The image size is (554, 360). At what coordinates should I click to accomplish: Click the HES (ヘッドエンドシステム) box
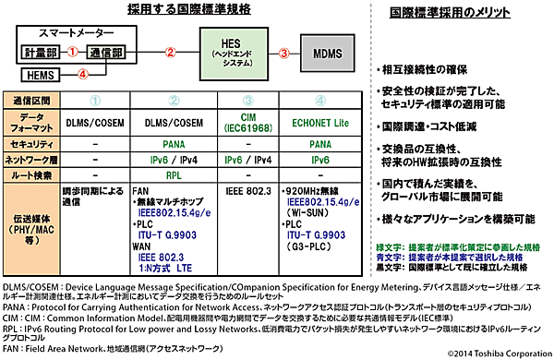pos(238,46)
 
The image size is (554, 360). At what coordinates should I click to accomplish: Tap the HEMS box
pos(40,74)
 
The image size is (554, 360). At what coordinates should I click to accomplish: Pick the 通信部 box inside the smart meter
pos(102,53)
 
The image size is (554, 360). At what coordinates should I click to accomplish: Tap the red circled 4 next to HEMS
pos(83,74)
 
